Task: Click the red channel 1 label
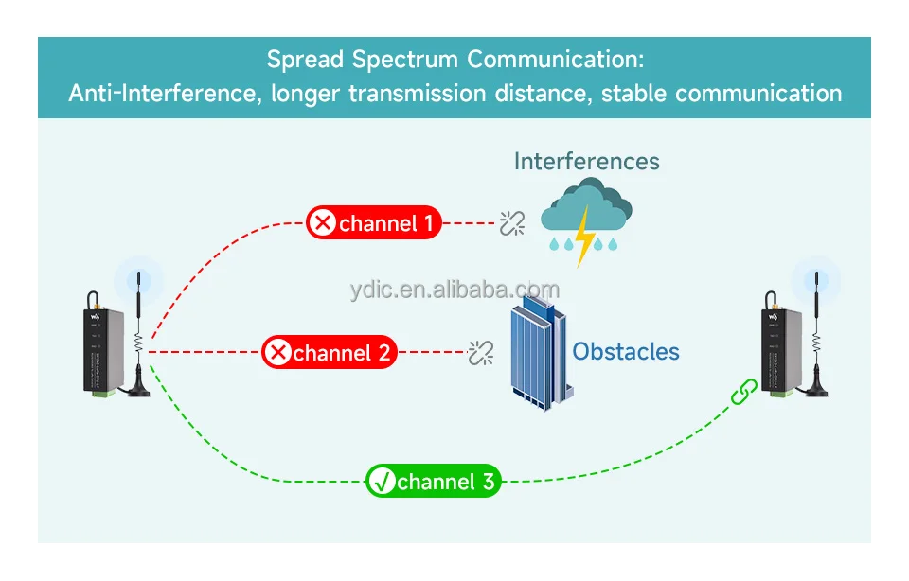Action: pos(374,223)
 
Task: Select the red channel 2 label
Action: pos(330,353)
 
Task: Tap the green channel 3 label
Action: pos(433,482)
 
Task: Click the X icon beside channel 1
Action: pos(324,223)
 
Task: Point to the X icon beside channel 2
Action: pos(278,353)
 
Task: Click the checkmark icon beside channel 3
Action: pos(383,482)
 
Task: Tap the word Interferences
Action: pos(586,161)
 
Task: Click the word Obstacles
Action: pos(626,352)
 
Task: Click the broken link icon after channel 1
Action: pos(512,223)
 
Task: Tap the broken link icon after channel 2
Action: pos(481,353)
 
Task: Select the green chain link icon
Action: pos(744,391)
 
